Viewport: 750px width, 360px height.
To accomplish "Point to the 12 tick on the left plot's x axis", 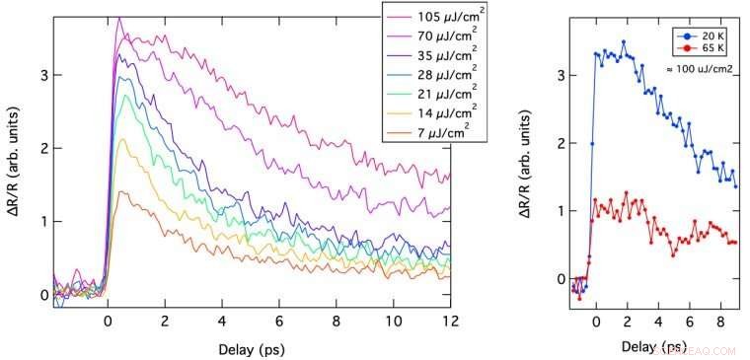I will click(x=450, y=320).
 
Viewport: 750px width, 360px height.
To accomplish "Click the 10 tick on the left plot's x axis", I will click(x=393, y=320).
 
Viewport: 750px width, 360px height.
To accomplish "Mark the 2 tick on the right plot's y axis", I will click(x=562, y=143).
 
